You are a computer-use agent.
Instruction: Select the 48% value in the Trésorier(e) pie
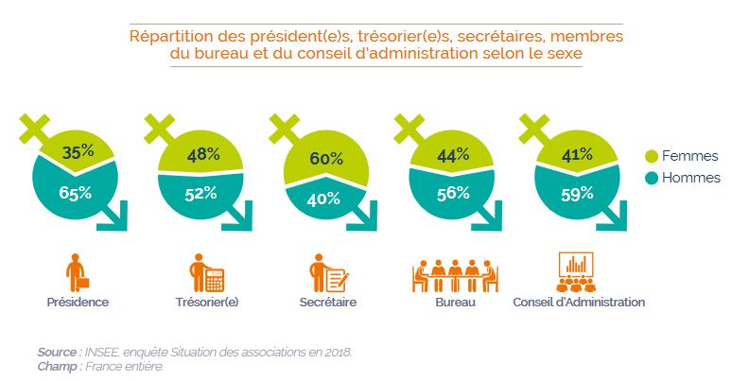tap(202, 153)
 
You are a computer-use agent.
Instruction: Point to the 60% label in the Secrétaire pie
tap(326, 159)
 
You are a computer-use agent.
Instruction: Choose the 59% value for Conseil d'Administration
tap(576, 193)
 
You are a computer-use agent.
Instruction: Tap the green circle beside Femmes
tap(652, 156)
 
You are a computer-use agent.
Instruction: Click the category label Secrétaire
tap(326, 303)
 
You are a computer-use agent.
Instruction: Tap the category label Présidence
tap(78, 303)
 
